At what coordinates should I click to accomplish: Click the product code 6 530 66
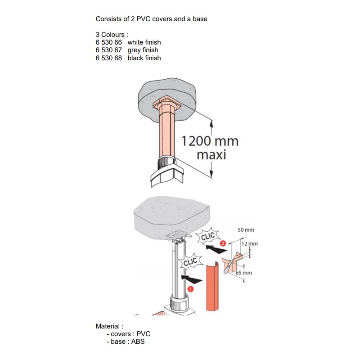point(108,42)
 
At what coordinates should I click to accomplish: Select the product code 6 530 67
point(108,50)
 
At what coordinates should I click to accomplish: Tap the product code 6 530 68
point(108,58)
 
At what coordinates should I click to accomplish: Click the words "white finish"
point(144,42)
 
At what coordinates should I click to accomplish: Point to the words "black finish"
point(144,58)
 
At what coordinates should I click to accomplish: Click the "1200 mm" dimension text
point(210,141)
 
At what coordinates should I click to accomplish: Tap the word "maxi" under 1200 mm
point(211,154)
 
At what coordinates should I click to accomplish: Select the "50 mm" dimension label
point(246,230)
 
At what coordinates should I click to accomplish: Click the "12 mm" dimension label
point(250,243)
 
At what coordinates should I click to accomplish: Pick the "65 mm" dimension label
point(244,273)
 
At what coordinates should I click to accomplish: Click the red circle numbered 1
point(190,289)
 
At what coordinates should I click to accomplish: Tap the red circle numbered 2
point(223,243)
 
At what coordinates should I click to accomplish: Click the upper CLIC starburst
point(208,236)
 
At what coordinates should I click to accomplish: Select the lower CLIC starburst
point(190,261)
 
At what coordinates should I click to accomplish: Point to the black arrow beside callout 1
point(192,279)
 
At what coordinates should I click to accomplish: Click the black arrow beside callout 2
point(216,249)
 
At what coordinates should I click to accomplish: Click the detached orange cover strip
point(212,287)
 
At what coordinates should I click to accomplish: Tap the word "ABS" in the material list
point(138,342)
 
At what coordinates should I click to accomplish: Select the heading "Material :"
point(109,326)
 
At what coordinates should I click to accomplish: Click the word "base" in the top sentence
point(200,19)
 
